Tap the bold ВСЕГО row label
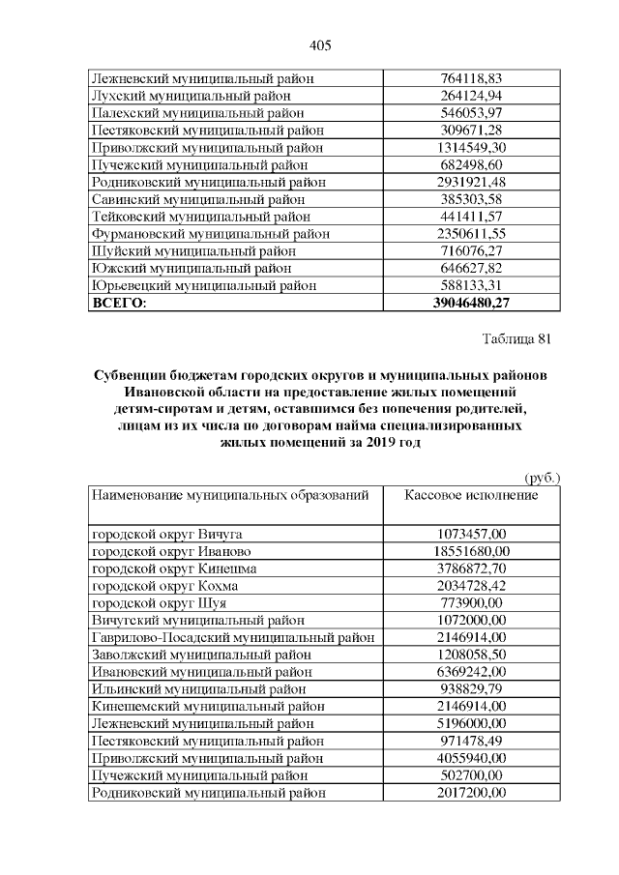pyautogui.click(x=118, y=304)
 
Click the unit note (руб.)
pyautogui.click(x=542, y=478)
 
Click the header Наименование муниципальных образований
pyautogui.click(x=230, y=495)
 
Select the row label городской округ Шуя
pyautogui.click(x=159, y=603)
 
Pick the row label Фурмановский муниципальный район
pyautogui.click(x=210, y=234)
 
